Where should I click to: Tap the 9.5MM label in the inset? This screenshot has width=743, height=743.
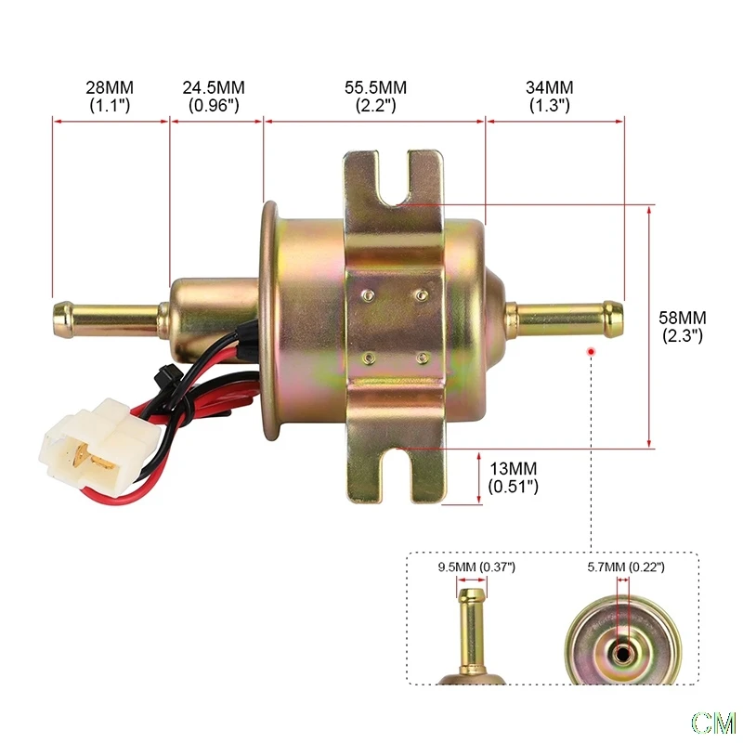(476, 566)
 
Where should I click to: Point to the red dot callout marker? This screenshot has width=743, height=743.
(592, 351)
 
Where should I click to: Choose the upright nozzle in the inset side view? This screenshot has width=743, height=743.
(472, 632)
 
